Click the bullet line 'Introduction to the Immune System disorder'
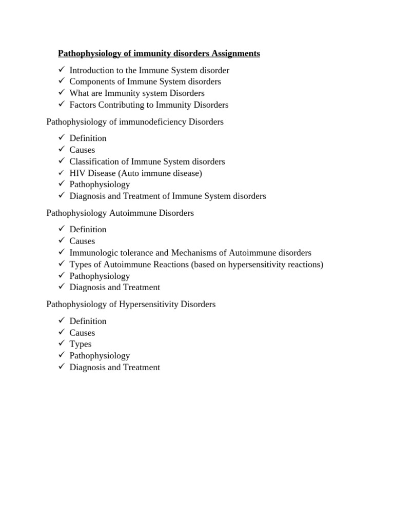coord(149,70)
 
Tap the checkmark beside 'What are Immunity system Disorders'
coord(61,93)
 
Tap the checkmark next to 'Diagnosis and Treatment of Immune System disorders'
coord(61,196)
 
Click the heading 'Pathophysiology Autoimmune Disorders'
coord(120,213)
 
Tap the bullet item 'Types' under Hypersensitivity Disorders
coord(81,344)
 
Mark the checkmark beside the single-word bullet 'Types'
coord(61,344)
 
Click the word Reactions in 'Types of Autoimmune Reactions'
coord(170,265)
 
